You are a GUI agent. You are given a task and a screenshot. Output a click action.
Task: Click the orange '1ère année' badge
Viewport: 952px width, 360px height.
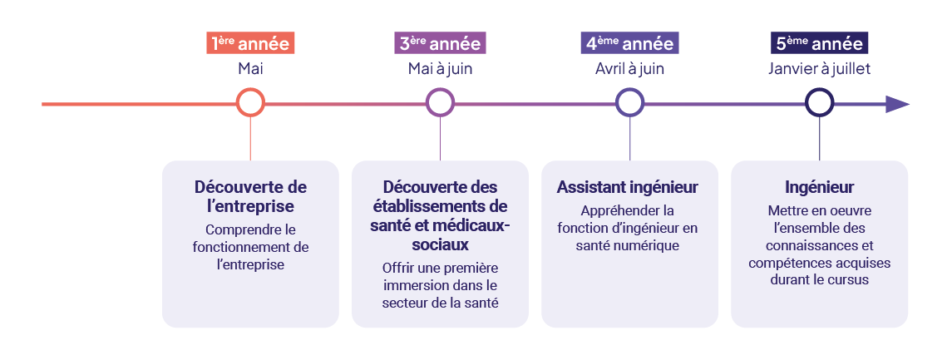[251, 44]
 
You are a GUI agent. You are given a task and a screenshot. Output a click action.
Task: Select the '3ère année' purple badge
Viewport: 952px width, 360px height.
[440, 44]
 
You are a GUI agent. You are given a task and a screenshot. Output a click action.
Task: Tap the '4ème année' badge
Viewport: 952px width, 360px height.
[629, 44]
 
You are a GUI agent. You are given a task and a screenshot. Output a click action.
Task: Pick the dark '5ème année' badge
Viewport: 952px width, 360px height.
[819, 44]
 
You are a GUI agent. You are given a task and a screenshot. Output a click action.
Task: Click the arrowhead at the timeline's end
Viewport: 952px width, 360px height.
[897, 104]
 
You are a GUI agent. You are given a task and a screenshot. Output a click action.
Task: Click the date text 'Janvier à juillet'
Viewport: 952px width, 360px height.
[819, 69]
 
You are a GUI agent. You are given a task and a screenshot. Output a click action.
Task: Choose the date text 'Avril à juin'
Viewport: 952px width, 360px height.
[629, 69]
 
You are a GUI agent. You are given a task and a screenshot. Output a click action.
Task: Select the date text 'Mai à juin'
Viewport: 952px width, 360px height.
[440, 69]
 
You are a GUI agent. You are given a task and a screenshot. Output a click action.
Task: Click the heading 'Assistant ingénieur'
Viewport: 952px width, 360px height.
[628, 188]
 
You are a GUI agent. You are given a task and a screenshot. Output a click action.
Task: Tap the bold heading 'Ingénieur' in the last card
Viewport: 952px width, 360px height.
[819, 187]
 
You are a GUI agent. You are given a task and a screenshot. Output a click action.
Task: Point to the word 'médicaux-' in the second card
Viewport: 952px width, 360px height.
[473, 225]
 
